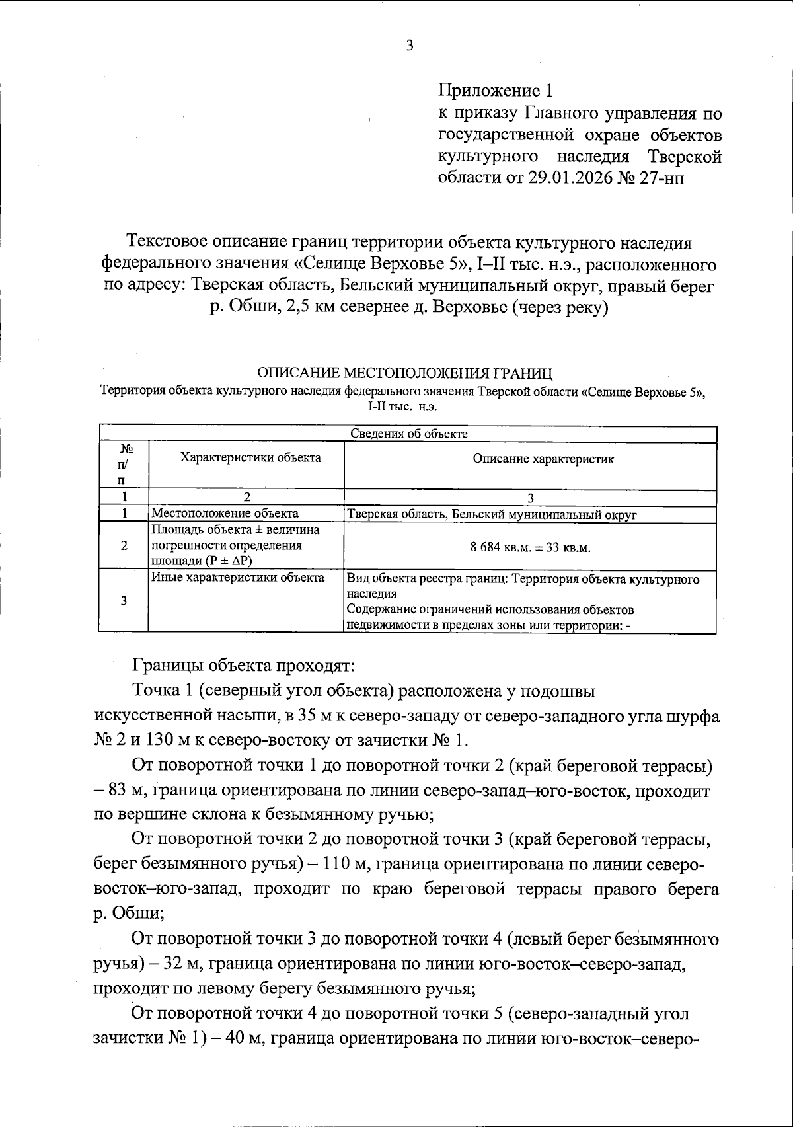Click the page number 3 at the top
[x=409, y=46]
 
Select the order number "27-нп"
[x=663, y=178]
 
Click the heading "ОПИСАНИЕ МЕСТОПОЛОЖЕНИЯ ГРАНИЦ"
[x=404, y=373]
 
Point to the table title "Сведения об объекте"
[x=408, y=434]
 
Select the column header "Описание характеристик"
[x=543, y=459]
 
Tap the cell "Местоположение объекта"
[x=225, y=513]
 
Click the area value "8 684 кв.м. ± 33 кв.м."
[x=530, y=548]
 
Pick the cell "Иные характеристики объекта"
[x=238, y=578]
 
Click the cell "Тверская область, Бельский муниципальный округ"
[x=492, y=514]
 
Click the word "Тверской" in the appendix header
[x=684, y=157]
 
